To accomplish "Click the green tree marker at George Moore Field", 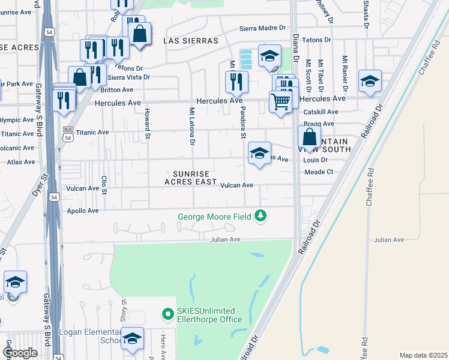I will (260, 215).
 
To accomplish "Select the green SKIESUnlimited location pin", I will (167, 313).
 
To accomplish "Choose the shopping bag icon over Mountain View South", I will (309, 137).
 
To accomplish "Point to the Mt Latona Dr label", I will (192, 127).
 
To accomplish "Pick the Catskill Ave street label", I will (321, 112).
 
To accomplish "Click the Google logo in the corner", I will (20, 353).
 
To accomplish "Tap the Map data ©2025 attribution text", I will (423, 355).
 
